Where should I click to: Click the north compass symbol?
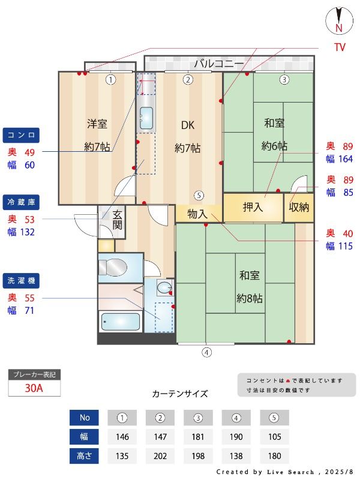point(338,20)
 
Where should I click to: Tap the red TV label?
point(340,47)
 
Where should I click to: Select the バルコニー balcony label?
point(218,64)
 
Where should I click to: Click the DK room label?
point(188,125)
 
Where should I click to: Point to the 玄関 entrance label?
point(117,220)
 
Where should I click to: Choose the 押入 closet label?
point(253,207)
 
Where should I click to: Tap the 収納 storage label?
point(299,207)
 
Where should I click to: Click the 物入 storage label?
point(197,214)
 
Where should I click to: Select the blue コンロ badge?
point(21,136)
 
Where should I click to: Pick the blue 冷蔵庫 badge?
point(21,202)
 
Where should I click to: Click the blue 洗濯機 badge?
point(21,281)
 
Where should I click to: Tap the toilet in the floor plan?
point(113,267)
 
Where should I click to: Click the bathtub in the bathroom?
point(121,322)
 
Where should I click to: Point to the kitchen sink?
point(146,118)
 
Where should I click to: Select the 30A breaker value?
point(34,388)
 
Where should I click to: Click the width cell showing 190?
point(236,437)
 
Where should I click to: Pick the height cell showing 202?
point(160,456)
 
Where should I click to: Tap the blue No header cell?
point(84,418)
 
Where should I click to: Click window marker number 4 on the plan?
point(206,353)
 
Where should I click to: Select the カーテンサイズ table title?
point(180,394)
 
